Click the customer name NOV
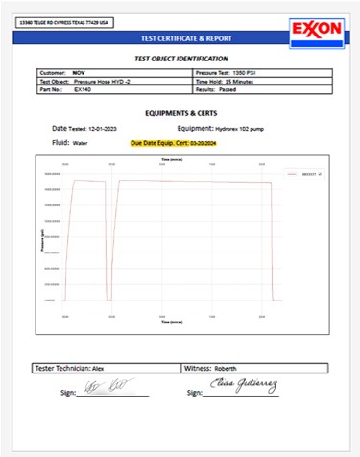[x=79, y=72]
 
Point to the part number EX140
[x=83, y=91]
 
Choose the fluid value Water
[x=84, y=142]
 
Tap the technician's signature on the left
[x=102, y=386]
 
